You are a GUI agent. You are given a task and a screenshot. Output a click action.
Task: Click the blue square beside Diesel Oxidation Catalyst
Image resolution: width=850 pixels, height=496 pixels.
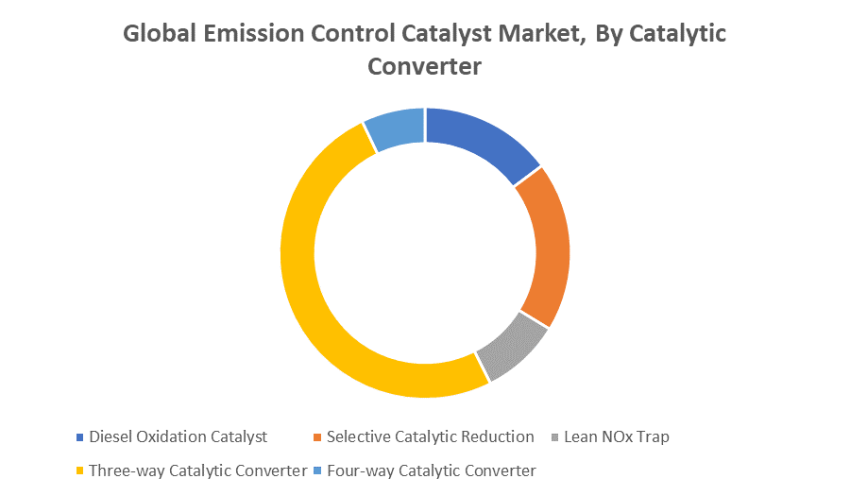point(79,436)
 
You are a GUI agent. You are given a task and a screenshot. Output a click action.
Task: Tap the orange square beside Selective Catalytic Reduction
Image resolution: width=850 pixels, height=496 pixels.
point(317,436)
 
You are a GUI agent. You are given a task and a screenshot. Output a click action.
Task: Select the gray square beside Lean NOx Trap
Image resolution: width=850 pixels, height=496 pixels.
point(554,436)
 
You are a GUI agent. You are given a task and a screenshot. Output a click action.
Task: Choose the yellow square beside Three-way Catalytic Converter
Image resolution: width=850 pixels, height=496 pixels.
point(79,470)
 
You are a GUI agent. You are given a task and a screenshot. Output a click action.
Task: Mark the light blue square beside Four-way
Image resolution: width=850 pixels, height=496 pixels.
point(317,470)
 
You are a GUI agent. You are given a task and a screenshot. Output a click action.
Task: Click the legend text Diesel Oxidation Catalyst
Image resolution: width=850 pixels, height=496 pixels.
point(178,436)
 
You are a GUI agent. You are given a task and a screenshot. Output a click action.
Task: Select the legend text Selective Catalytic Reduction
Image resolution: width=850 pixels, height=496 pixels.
point(431,436)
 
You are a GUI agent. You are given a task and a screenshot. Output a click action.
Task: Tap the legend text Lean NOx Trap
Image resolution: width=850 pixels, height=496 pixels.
point(617,436)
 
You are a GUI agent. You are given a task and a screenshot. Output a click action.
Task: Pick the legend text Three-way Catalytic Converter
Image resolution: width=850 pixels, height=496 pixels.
point(198,470)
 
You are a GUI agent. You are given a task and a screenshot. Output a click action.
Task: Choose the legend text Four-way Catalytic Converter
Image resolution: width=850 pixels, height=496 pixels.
point(432,470)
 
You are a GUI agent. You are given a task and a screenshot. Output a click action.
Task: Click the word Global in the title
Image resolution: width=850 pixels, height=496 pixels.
point(160,34)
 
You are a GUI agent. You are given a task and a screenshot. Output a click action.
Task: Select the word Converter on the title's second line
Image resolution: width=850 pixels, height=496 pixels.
point(424,67)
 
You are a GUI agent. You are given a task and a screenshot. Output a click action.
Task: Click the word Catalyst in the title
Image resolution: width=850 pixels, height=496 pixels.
point(447,35)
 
